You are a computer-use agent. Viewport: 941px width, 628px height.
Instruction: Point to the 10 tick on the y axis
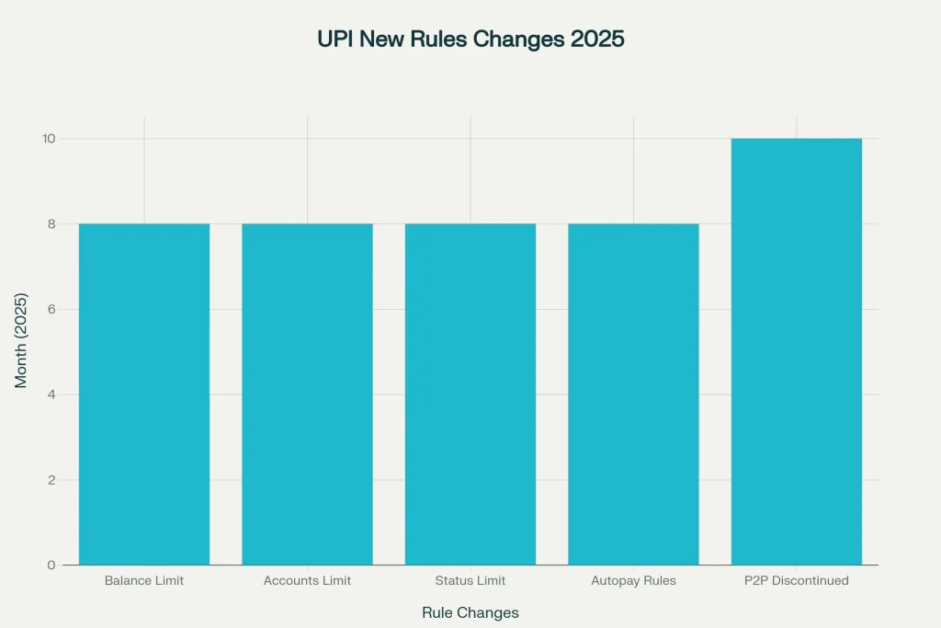pos(48,139)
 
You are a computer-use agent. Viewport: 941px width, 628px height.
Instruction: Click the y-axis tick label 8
pos(51,223)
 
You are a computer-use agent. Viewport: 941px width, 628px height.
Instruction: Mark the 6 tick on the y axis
pos(51,309)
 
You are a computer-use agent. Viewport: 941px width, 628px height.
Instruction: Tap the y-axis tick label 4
pos(51,394)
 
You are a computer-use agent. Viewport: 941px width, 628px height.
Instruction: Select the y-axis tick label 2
pos(51,480)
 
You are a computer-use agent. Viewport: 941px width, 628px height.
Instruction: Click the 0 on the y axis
pos(51,565)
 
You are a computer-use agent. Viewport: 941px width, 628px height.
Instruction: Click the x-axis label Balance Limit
pos(144,581)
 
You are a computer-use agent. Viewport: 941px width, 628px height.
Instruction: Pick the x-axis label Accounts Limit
pos(307,581)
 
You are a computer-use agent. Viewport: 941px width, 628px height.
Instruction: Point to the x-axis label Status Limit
pos(470,581)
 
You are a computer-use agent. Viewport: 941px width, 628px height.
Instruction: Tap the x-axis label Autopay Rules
pos(633,581)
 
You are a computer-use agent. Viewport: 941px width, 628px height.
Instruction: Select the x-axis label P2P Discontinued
pos(797,581)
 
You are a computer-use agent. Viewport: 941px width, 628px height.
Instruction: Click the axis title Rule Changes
pos(470,612)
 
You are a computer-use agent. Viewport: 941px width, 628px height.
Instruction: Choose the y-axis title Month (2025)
pos(21,340)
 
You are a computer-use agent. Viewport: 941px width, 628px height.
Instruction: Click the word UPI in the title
pos(334,40)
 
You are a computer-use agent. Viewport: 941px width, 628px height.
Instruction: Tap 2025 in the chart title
pos(597,40)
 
